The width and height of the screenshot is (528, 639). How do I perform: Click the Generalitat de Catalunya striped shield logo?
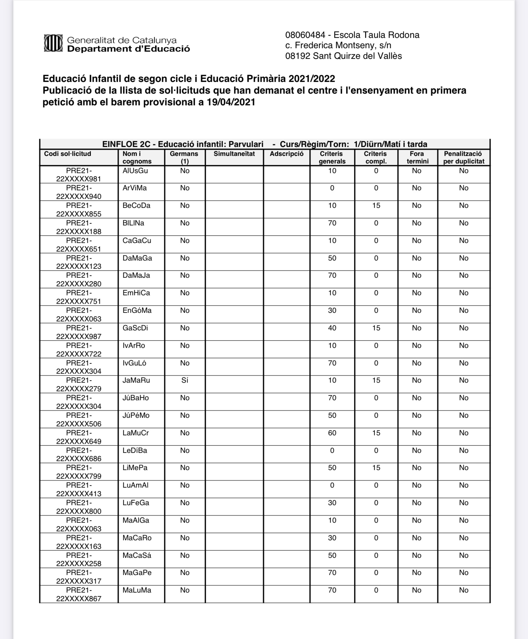pyautogui.click(x=53, y=43)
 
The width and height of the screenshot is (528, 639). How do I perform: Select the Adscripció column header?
pyautogui.click(x=286, y=154)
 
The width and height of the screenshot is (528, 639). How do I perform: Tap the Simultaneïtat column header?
pyautogui.click(x=234, y=154)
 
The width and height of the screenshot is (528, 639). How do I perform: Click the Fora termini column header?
pyautogui.click(x=417, y=157)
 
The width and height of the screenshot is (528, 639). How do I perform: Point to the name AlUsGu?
pyautogui.click(x=135, y=171)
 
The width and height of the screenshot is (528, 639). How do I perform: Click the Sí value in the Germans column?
pyautogui.click(x=185, y=380)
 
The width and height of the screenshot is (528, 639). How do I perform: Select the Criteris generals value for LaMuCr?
pyautogui.click(x=332, y=433)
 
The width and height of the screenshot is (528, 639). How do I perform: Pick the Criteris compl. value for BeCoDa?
pyautogui.click(x=376, y=205)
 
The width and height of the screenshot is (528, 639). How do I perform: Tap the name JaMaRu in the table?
pyautogui.click(x=136, y=380)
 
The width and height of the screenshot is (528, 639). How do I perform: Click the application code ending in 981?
pyautogui.click(x=79, y=175)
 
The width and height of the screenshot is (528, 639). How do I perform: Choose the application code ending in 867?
pyautogui.click(x=79, y=594)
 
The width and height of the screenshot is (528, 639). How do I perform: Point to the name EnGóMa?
pyautogui.click(x=137, y=310)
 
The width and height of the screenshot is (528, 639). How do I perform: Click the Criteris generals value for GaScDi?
pyautogui.click(x=332, y=328)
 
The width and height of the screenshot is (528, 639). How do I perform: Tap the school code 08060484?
pyautogui.click(x=305, y=35)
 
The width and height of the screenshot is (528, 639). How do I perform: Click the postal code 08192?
pyautogui.click(x=298, y=56)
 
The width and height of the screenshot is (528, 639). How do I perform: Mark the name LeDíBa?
pyautogui.click(x=135, y=450)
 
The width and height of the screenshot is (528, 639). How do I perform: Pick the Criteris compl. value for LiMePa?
pyautogui.click(x=376, y=468)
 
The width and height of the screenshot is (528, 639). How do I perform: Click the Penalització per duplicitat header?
pyautogui.click(x=463, y=157)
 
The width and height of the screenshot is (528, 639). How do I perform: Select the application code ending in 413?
pyautogui.click(x=79, y=489)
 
